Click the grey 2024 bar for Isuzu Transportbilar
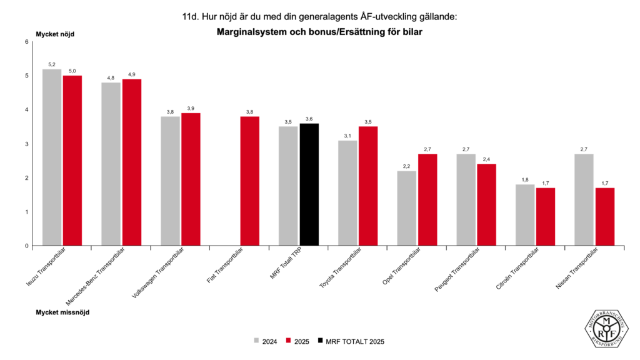pos(52,157)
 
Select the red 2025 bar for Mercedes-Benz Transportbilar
pos(132,162)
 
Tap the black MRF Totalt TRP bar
pos(309,184)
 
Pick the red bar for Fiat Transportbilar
pos(250,181)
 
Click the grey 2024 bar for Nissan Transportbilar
pos(584,200)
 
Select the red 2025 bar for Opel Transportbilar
pos(427,200)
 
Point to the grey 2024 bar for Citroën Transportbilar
pos(525,215)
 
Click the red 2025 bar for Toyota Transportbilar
pos(368,186)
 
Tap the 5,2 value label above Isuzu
pos(52,65)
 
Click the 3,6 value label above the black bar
pos(309,119)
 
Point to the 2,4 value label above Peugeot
pos(486,160)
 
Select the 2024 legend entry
pos(266,341)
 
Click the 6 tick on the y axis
pos(27,42)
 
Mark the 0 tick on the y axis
pos(27,246)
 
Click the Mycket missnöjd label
pos(62,312)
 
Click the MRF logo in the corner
pos(606,327)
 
